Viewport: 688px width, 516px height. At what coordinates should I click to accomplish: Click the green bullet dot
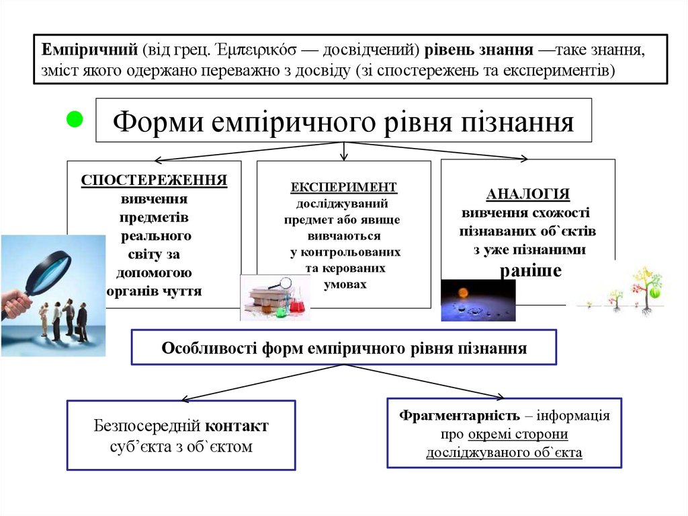pyautogui.click(x=75, y=120)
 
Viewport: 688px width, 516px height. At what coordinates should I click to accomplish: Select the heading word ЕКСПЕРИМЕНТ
pyautogui.click(x=343, y=187)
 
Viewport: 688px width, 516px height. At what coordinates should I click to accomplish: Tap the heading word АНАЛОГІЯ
pyautogui.click(x=527, y=194)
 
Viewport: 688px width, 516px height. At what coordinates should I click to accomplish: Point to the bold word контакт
pyautogui.click(x=236, y=426)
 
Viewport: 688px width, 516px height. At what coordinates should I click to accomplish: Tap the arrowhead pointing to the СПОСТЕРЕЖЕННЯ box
pyautogui.click(x=159, y=161)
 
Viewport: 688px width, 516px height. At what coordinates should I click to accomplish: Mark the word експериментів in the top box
pyautogui.click(x=558, y=69)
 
